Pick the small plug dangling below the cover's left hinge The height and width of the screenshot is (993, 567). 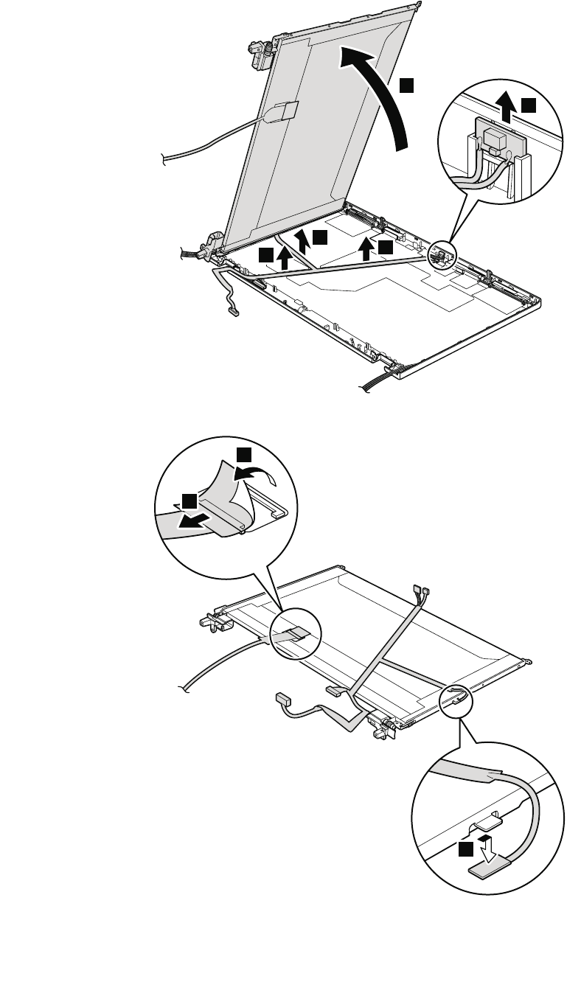pos(234,313)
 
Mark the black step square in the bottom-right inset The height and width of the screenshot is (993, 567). pos(465,851)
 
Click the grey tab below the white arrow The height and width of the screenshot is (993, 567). pos(487,871)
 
